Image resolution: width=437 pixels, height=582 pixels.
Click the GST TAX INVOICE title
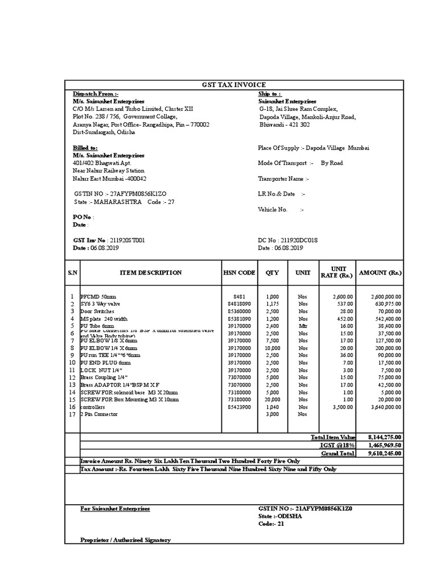[x=234, y=85]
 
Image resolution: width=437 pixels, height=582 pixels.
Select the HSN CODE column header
[x=239, y=273]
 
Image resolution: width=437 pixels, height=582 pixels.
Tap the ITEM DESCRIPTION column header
[x=151, y=273]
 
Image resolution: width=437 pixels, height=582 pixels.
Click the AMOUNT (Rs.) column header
[x=380, y=273]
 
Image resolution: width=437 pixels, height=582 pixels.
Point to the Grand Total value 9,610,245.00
[x=385, y=454]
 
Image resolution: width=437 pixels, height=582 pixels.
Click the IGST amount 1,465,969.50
[x=385, y=445]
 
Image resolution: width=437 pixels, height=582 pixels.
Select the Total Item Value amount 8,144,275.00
[x=385, y=437]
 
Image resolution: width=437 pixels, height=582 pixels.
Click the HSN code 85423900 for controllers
[x=239, y=407]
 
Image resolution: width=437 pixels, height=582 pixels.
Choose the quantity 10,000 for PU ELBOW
[x=272, y=348]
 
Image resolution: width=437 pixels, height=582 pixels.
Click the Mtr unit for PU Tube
[x=302, y=326]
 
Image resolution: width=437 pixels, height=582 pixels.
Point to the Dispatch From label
[x=95, y=93]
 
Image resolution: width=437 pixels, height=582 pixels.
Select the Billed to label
[x=85, y=148]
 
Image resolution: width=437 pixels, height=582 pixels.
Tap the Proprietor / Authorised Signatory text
[x=125, y=540]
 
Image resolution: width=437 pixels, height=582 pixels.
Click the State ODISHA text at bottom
[x=278, y=516]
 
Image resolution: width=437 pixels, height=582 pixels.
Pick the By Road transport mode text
[x=333, y=163]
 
